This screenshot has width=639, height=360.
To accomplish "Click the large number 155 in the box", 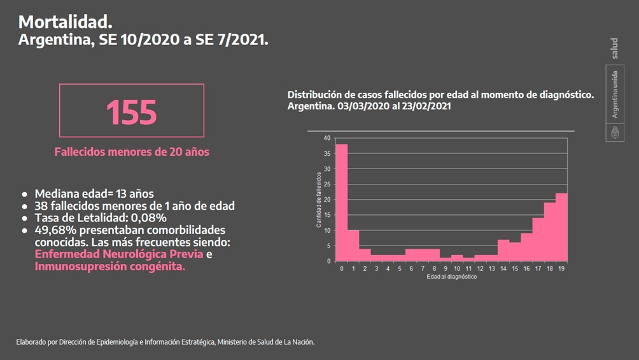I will pyautogui.click(x=131, y=112).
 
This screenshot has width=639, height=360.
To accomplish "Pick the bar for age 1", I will pyautogui.click(x=353, y=246).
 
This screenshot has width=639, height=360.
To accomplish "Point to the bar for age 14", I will pyautogui.click(x=503, y=250).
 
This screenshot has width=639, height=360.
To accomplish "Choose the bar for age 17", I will pyautogui.click(x=538, y=239).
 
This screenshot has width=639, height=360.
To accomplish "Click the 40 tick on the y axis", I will pyautogui.click(x=327, y=138).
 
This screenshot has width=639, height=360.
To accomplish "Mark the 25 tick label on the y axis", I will pyautogui.click(x=327, y=184).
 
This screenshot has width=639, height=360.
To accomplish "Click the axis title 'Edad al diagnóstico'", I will pyautogui.click(x=451, y=277).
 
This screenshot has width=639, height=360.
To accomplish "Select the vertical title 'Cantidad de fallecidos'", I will pyautogui.click(x=319, y=199).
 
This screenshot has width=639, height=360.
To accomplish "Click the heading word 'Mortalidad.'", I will pyautogui.click(x=65, y=22).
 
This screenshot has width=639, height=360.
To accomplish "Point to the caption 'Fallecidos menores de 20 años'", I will pyautogui.click(x=132, y=152).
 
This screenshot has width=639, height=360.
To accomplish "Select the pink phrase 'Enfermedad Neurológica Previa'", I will pyautogui.click(x=119, y=254).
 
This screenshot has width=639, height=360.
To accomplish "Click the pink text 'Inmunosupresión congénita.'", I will pyautogui.click(x=110, y=267).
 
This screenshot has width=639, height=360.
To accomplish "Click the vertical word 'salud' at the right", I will pyautogui.click(x=614, y=48).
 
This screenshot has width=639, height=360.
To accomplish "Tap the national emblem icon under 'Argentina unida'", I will pyautogui.click(x=615, y=133).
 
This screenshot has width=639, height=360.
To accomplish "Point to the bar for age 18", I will pyautogui.click(x=549, y=232).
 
